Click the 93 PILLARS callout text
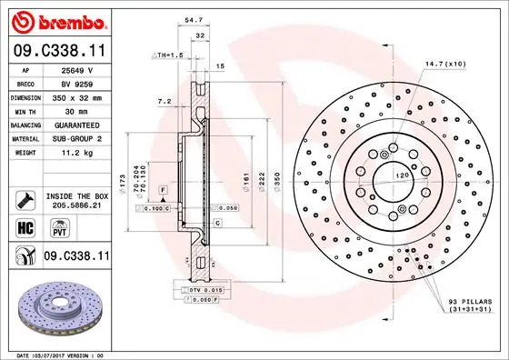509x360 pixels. point(470,305)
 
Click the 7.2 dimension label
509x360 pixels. point(165,102)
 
